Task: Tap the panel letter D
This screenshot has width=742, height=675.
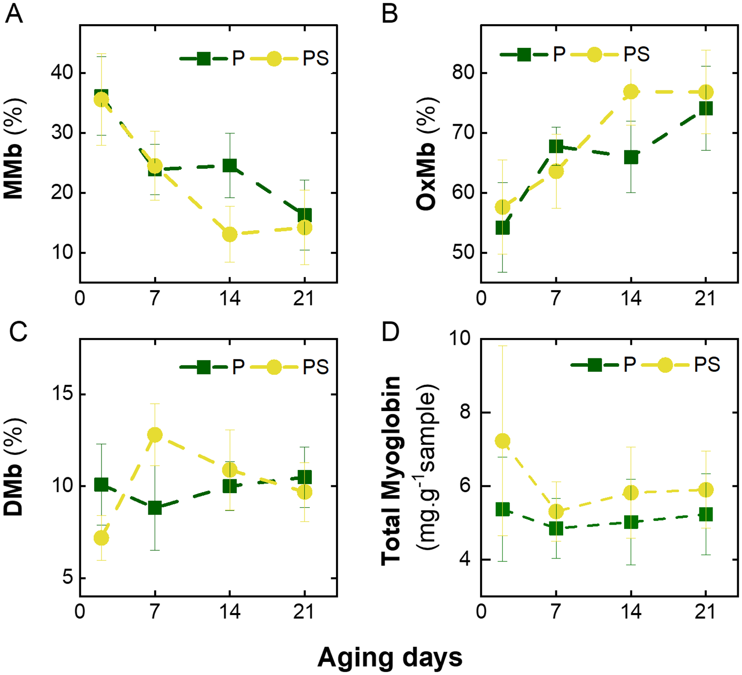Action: point(391,332)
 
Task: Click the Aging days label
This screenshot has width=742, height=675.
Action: point(390,657)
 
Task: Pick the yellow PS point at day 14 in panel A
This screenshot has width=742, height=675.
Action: point(230,235)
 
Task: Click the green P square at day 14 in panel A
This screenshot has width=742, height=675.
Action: point(230,166)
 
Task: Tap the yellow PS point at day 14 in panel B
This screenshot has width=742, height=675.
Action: point(631,91)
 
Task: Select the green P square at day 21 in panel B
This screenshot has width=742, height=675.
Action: point(706,108)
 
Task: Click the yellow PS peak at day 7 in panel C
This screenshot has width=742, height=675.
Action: point(155,435)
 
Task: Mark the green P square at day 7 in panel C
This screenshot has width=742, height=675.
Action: point(155,508)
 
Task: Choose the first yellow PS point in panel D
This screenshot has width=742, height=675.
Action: point(503,441)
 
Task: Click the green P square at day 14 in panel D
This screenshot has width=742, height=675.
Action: point(631,522)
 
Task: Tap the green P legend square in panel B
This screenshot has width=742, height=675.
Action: point(524,55)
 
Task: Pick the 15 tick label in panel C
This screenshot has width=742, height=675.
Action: point(63,394)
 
